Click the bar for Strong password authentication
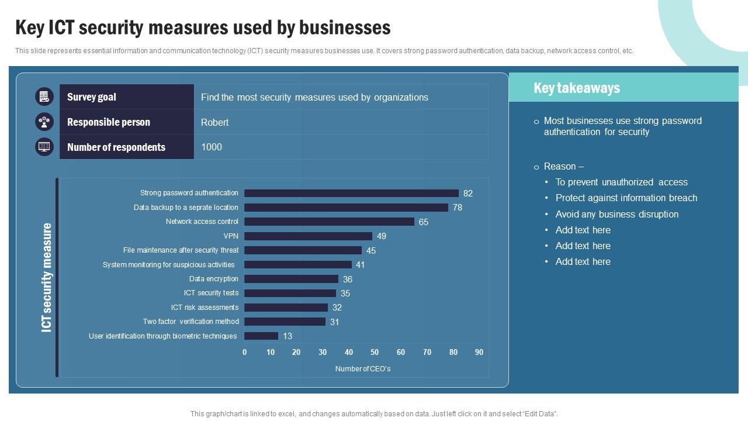point(351,193)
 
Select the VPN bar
point(308,236)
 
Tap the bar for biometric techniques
point(261,336)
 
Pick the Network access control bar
point(329,222)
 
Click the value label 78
point(458,208)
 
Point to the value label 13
point(288,336)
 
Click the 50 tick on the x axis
point(375,352)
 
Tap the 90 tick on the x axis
point(479,352)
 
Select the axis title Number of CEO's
point(362,369)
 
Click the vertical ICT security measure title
point(47,277)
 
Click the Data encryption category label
point(213,279)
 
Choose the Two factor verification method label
point(191,322)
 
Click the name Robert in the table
point(214,122)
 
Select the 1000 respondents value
point(212,147)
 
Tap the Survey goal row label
point(92,97)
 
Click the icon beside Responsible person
point(44,122)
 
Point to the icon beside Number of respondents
point(44,147)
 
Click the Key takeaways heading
point(577,88)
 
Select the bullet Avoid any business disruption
point(617,214)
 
